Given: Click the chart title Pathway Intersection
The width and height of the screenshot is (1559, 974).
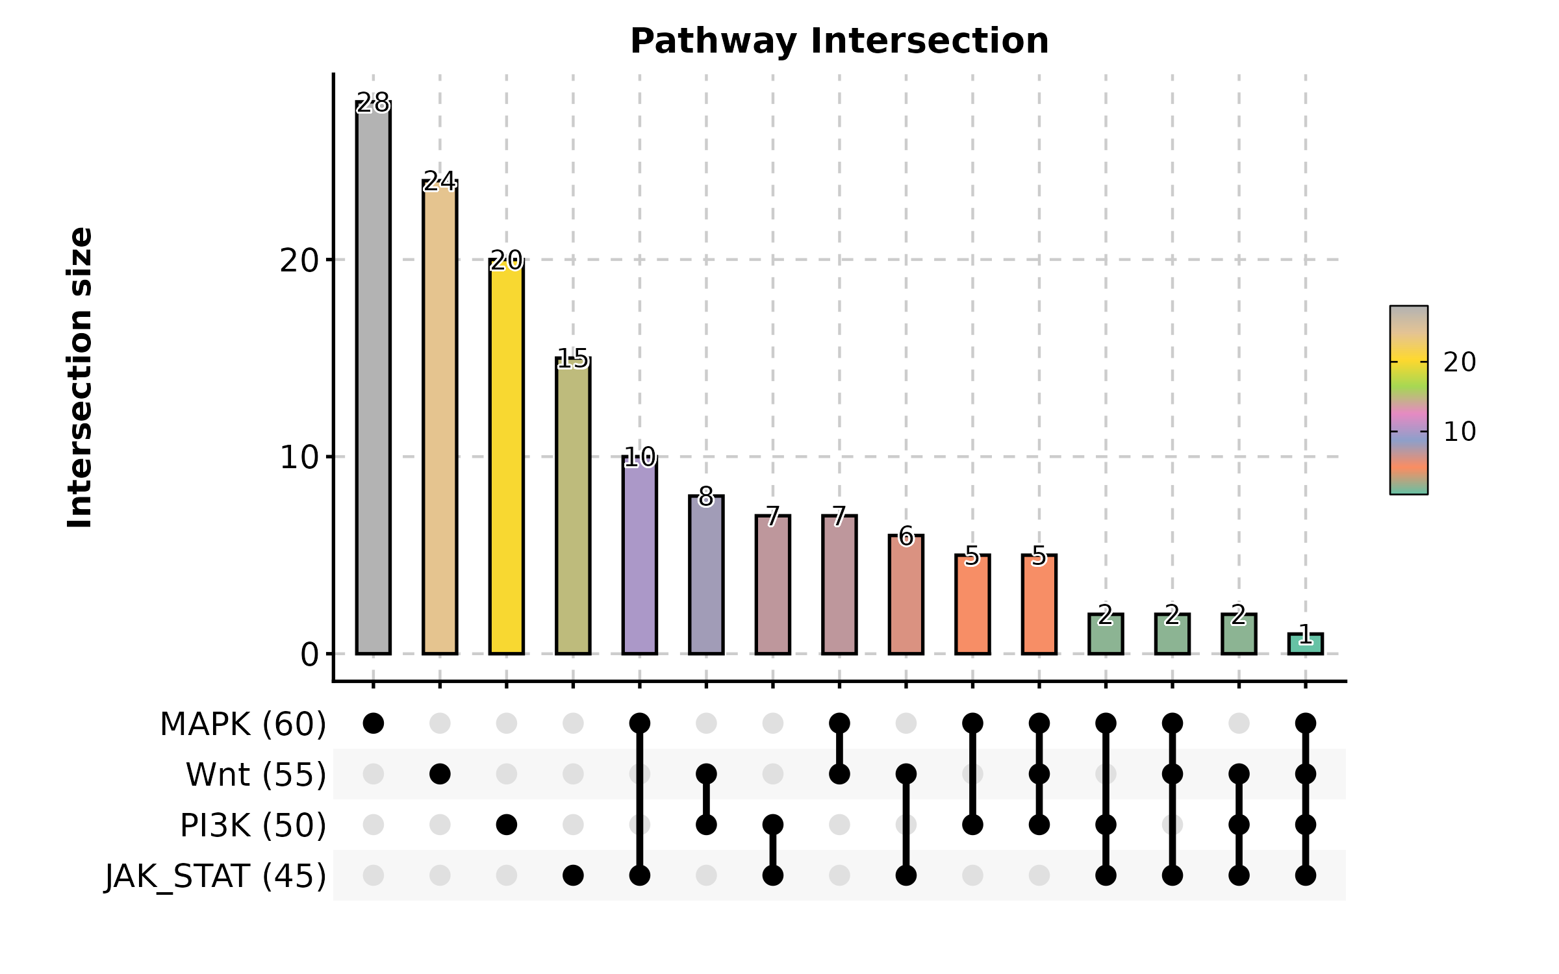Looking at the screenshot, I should (839, 42).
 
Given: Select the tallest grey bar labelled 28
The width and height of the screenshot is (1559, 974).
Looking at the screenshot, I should (374, 377).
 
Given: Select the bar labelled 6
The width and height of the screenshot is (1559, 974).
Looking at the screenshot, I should (906, 594).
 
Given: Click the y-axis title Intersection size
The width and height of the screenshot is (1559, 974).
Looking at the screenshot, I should (81, 377).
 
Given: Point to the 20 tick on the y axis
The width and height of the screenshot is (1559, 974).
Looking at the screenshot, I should (299, 260).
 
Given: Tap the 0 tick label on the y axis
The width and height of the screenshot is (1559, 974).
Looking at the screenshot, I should (309, 655).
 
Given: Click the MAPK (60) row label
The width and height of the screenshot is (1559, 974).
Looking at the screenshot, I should (243, 724).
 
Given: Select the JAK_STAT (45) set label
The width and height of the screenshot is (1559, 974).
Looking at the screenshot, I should (216, 876).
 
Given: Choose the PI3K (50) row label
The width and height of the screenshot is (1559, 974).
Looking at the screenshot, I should (253, 825).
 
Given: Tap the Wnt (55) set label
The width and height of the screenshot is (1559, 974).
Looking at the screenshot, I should (256, 775).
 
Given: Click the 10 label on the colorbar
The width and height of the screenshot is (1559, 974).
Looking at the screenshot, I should (1460, 432).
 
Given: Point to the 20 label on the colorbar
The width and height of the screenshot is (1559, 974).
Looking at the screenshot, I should (1460, 362).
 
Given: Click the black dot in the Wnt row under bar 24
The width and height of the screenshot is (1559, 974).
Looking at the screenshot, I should (440, 774).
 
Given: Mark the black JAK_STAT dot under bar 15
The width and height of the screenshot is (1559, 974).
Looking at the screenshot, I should (573, 875).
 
